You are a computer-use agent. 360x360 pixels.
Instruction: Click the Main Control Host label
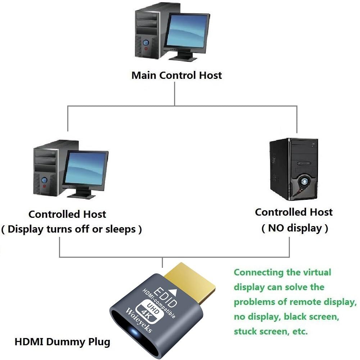(x=177, y=76)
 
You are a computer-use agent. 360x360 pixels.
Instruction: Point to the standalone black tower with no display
(x=293, y=169)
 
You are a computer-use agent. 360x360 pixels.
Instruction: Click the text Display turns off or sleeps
(x=72, y=229)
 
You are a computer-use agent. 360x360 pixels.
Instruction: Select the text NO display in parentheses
(x=294, y=228)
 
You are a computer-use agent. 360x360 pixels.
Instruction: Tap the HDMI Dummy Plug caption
(x=62, y=342)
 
